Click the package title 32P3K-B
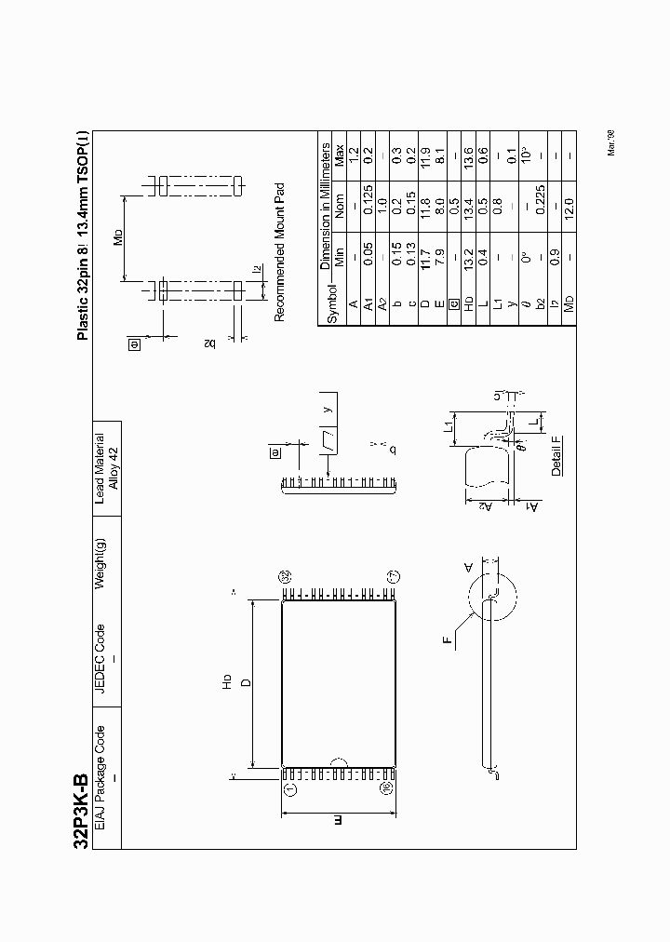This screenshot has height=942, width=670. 81,809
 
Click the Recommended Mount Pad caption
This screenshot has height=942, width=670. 278,252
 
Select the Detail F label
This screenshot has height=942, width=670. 556,455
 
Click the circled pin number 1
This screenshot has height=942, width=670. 289,788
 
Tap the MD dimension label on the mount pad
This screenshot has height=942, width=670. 118,235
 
